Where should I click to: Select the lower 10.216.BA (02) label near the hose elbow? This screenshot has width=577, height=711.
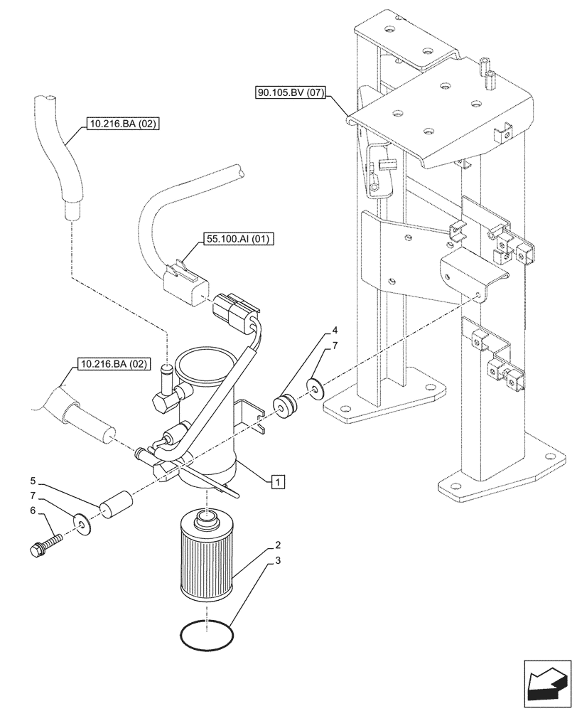click(x=112, y=365)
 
